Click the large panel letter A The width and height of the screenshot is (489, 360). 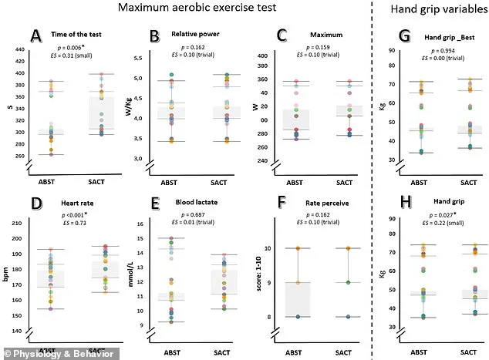point(35,36)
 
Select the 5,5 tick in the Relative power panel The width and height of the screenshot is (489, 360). point(138,59)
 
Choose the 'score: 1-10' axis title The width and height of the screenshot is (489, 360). point(245,274)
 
